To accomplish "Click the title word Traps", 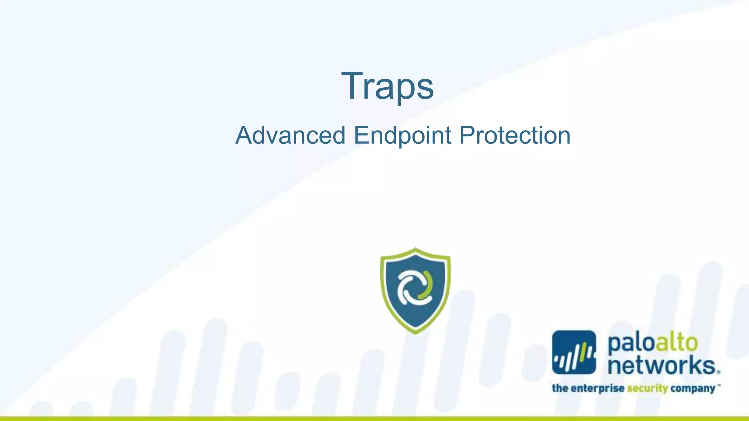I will pyautogui.click(x=387, y=86).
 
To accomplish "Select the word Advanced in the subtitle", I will pyautogui.click(x=290, y=136).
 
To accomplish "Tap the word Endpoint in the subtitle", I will pyautogui.click(x=403, y=136).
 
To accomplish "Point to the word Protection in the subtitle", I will pyautogui.click(x=515, y=136).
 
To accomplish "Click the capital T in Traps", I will pyautogui.click(x=351, y=86).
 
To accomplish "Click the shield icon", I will pyautogui.click(x=415, y=291).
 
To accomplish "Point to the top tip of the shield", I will pyautogui.click(x=415, y=249).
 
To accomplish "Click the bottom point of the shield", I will pyautogui.click(x=415, y=332).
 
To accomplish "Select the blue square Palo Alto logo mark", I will pyautogui.click(x=574, y=352).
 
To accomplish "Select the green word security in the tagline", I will pyautogui.click(x=647, y=388).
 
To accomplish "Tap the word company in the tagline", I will pyautogui.click(x=692, y=388).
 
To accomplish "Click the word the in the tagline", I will pyautogui.click(x=560, y=388).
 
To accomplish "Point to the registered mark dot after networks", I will pyautogui.click(x=719, y=372).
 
